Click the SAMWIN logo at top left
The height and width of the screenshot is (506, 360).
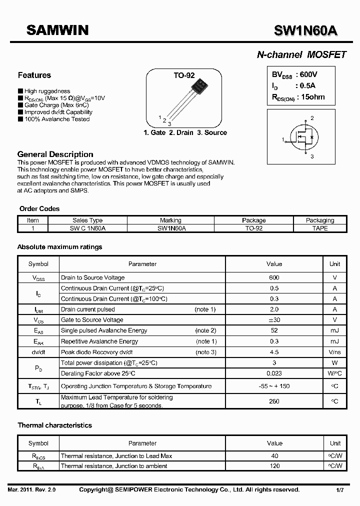[57, 30]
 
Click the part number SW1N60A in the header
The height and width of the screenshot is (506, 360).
[305, 31]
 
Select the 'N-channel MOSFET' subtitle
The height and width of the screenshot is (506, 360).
[301, 55]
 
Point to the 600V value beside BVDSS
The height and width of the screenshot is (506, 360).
[308, 74]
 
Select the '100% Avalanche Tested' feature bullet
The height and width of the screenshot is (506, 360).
[56, 119]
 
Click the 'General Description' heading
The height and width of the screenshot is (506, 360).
[55, 154]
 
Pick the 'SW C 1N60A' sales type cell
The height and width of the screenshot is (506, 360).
[87, 228]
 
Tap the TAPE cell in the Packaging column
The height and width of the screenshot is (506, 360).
[320, 228]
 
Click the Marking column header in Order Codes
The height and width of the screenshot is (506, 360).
[170, 220]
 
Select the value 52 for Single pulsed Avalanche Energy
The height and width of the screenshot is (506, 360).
[274, 330]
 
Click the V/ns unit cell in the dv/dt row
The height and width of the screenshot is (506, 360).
[334, 352]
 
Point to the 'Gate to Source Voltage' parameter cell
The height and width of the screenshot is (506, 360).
[92, 320]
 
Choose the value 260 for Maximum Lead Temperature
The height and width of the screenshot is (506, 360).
[274, 401]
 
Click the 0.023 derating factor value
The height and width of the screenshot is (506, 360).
[274, 373]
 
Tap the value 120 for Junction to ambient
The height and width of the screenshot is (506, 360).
[274, 466]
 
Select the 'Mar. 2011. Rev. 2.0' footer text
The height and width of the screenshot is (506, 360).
[32, 490]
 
